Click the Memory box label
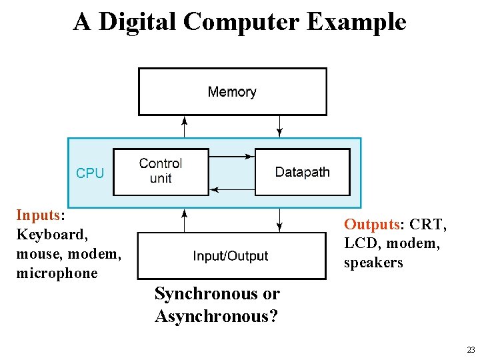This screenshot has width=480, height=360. pos(232,92)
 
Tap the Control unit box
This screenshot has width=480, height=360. pos(160,171)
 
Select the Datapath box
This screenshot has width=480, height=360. pos(302,172)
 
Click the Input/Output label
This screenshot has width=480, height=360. pos(231,256)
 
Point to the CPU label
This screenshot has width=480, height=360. pos(90,173)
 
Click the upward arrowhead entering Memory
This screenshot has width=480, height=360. pos(185,121)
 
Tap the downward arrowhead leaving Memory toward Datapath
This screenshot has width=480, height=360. pos(280,129)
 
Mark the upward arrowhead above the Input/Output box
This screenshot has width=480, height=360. pos(185,213)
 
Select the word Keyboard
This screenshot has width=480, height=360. pos(51,235)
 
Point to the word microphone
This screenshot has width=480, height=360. pos(56,273)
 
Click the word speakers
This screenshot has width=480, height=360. pos(373,263)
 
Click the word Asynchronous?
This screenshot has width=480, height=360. pos(216,316)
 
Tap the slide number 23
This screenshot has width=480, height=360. pos(471,349)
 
